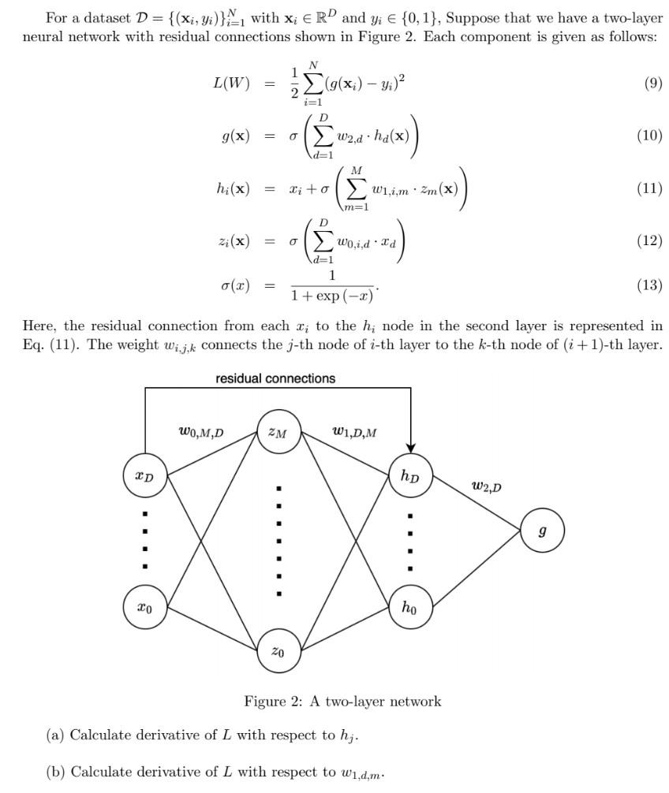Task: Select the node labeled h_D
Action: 410,475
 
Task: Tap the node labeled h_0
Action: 410,607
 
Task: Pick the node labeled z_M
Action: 278,433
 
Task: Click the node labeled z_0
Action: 278,652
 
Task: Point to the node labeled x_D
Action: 145,475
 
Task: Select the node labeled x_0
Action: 145,607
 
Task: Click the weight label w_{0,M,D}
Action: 201,432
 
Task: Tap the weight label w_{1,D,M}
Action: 353,431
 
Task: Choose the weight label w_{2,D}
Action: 486,486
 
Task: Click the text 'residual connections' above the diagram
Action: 275,378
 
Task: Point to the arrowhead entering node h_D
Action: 410,448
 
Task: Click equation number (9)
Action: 652,83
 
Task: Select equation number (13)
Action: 649,285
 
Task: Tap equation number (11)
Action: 649,188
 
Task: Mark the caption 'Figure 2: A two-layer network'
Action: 342,701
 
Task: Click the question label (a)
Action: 54,735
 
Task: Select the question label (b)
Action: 54,772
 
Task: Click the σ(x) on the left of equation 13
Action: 235,285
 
